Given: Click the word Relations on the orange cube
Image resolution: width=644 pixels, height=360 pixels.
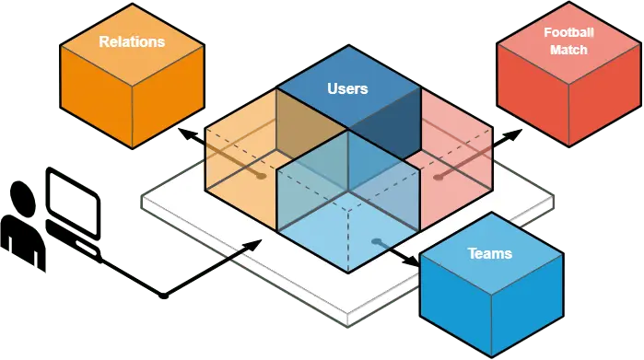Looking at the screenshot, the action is click(132, 41).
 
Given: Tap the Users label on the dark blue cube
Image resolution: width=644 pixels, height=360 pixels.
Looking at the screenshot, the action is click(347, 89).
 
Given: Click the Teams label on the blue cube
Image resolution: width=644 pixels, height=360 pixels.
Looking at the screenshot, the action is click(489, 253).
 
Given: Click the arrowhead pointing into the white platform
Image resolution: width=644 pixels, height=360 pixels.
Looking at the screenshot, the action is click(255, 243).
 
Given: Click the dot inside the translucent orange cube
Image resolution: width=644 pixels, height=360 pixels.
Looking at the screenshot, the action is click(262, 174).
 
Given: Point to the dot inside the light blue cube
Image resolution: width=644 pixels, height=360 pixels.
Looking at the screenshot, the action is click(376, 242).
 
